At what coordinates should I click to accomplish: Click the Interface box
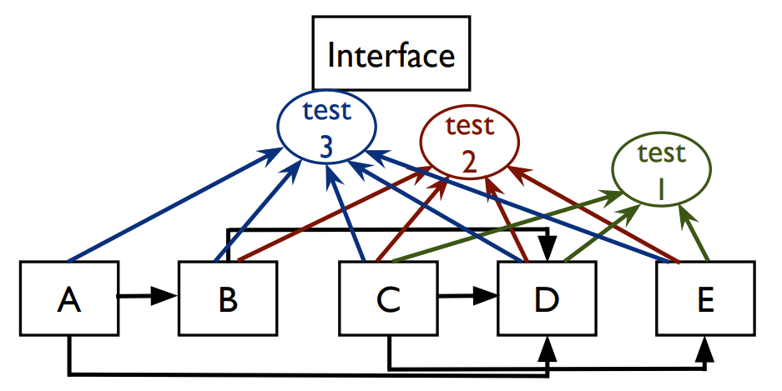point(391,57)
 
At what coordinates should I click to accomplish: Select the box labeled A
point(69,298)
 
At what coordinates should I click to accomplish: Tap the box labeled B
point(227,298)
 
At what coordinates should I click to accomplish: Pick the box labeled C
point(387,298)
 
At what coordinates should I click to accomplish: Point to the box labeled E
point(704,298)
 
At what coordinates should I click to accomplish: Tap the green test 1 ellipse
point(660,170)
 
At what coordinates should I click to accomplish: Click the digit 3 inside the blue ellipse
point(326,147)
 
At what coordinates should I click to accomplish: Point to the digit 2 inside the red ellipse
point(469,161)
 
